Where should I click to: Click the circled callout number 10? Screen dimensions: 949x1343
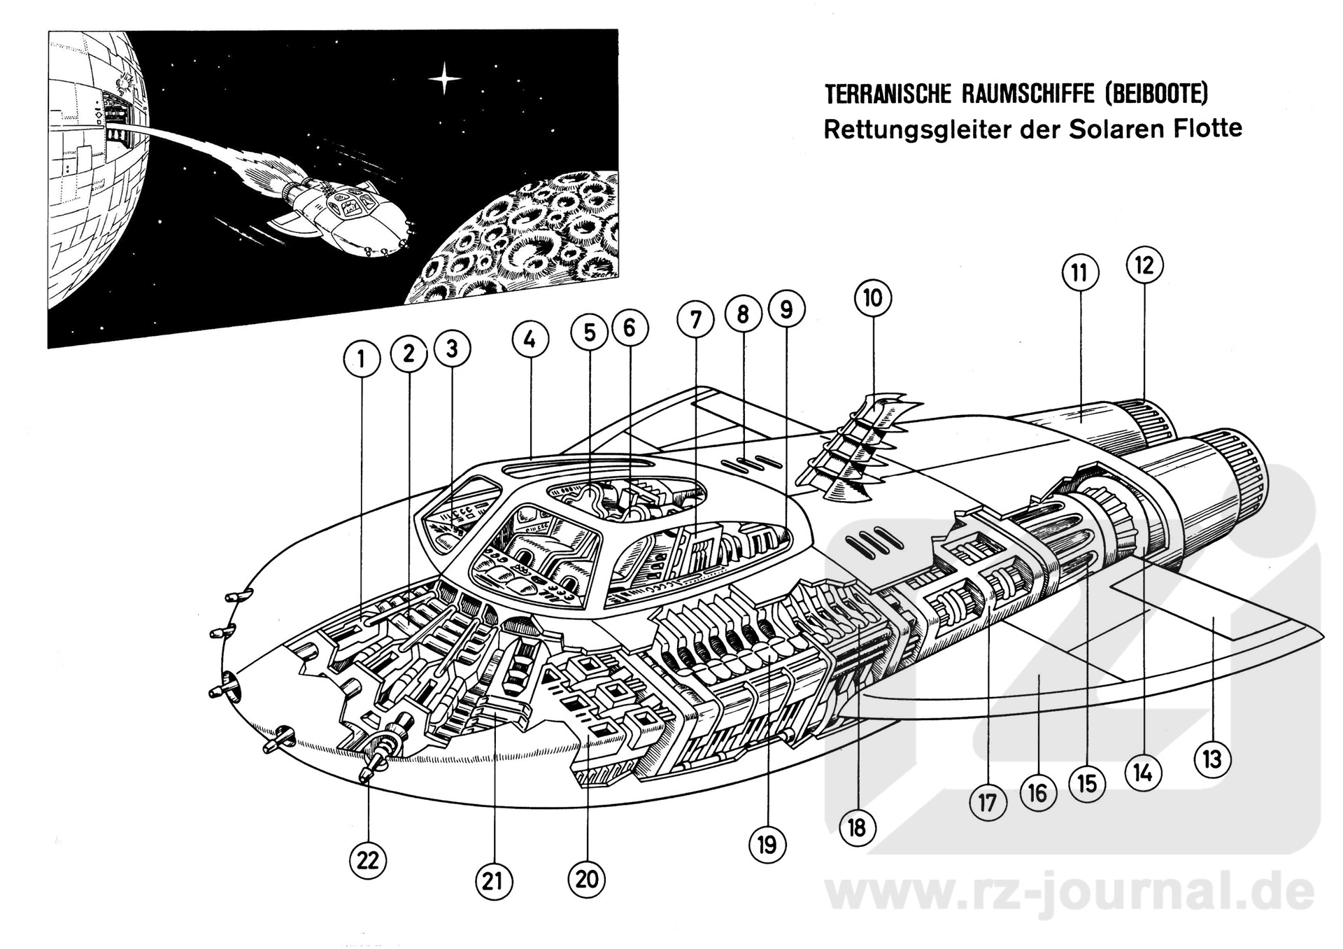(872, 299)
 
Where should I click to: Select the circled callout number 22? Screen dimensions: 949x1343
(368, 860)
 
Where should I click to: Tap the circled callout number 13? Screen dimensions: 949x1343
(1212, 759)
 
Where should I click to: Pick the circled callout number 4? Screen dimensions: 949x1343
(530, 340)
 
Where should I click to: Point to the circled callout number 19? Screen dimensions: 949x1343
(767, 845)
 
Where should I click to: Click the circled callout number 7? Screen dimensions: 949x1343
(695, 321)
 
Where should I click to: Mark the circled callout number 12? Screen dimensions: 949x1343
(1144, 266)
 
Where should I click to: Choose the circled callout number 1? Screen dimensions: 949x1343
(362, 360)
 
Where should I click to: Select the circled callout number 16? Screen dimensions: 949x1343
(1037, 793)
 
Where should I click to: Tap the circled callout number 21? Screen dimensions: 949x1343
(492, 881)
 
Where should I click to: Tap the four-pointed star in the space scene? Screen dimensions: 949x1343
(444, 78)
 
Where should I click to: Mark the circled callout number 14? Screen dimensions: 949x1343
(1143, 773)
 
